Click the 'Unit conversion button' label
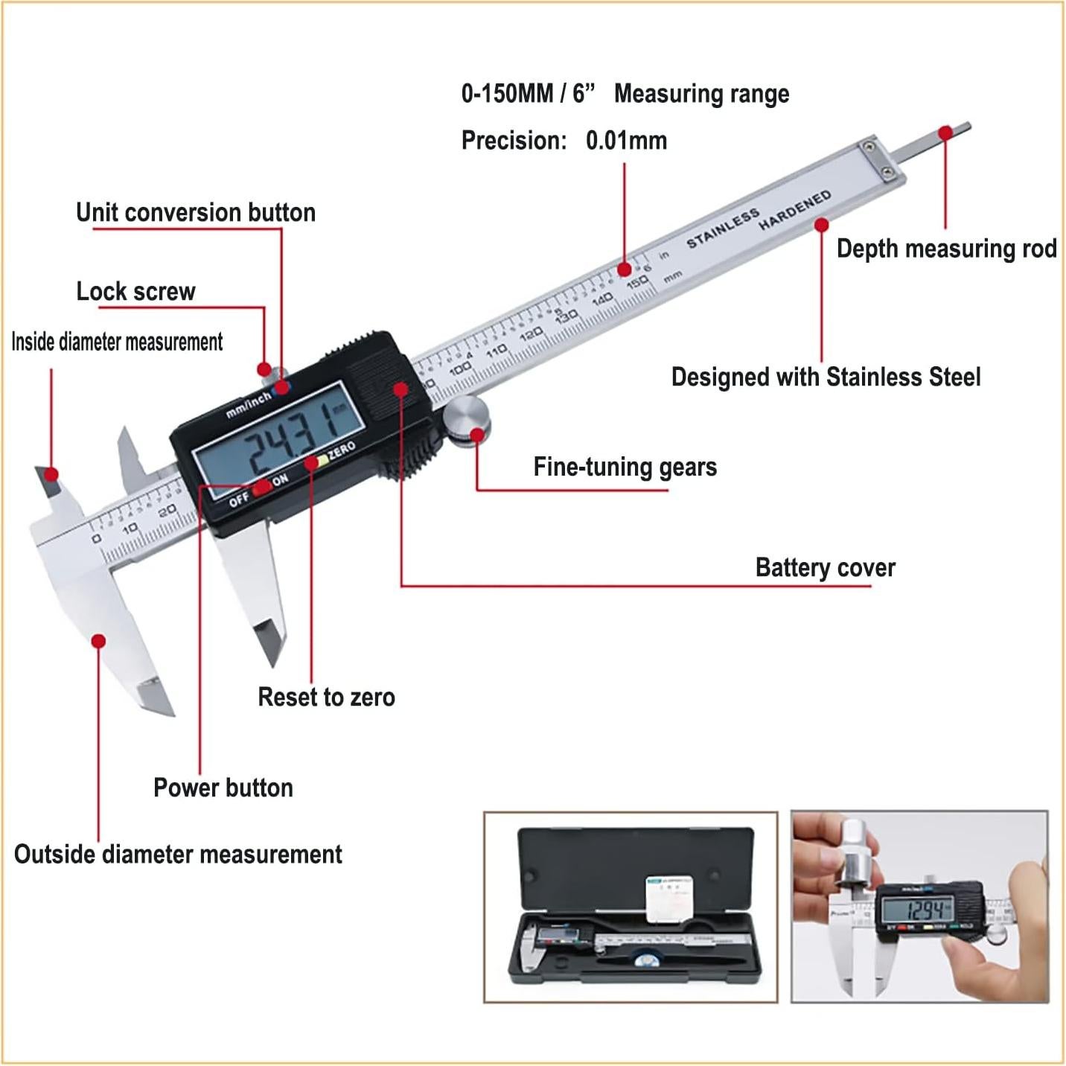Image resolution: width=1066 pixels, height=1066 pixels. [x=196, y=213]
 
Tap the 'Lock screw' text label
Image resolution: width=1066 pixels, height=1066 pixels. [x=135, y=292]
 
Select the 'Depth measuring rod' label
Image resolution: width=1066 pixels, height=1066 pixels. [x=946, y=249]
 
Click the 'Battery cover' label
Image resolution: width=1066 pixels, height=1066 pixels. [x=825, y=568]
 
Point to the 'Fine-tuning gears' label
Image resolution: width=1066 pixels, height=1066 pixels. [x=625, y=467]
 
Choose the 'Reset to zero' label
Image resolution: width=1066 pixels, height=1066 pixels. [x=326, y=698]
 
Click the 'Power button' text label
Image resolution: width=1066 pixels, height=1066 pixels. [x=223, y=788]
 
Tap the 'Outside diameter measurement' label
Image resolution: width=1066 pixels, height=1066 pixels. [x=178, y=855]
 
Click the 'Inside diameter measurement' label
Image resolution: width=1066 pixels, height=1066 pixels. [x=117, y=342]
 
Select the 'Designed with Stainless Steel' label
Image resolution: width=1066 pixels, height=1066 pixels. [x=826, y=377]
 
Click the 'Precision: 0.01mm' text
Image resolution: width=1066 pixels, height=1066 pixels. [x=564, y=141]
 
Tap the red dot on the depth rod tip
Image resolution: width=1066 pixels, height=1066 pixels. [x=945, y=133]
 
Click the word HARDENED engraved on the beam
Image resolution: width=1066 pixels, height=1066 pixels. [x=794, y=210]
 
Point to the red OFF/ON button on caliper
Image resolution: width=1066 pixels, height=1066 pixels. [x=261, y=488]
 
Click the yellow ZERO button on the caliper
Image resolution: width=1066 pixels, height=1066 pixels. [x=322, y=461]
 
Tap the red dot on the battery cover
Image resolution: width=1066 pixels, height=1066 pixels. [x=400, y=389]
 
